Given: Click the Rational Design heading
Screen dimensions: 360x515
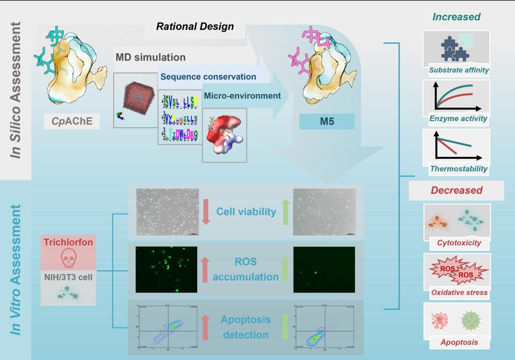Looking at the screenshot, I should click(x=195, y=27).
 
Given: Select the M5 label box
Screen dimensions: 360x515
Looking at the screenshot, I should click(x=327, y=121).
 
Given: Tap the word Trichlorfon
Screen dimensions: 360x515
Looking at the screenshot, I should click(x=67, y=242).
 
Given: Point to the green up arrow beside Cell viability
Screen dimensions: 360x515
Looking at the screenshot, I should click(x=285, y=211).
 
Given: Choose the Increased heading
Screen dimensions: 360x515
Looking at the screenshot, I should click(x=456, y=17).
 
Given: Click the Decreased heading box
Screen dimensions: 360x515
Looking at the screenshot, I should click(x=456, y=191).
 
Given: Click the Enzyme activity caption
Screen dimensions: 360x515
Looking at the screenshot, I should click(x=458, y=119).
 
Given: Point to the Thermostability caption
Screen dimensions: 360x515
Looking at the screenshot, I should click(x=458, y=169).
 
